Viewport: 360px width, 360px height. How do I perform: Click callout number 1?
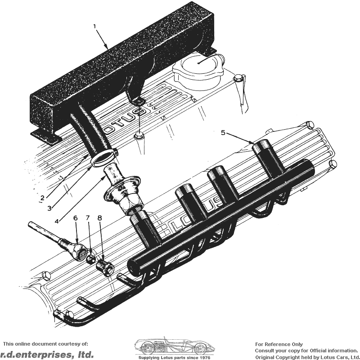coord(95,27)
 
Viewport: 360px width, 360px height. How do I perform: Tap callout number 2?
coord(42,198)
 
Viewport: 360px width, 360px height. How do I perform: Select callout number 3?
coord(49,208)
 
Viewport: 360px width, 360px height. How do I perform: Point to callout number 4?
coord(57,221)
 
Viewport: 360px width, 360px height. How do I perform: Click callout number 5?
coord(223,132)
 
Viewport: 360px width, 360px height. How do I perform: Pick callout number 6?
coord(75,218)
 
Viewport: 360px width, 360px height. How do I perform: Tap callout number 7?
coord(88,218)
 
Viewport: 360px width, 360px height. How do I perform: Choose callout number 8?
coord(99,218)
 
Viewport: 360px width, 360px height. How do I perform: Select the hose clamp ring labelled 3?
coord(104,158)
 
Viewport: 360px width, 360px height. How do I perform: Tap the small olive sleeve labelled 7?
coord(91,259)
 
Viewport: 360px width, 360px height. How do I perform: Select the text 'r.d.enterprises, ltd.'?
coord(47,354)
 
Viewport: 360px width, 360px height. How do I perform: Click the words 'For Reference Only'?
coord(279,344)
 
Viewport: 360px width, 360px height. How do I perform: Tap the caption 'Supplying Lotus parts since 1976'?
coord(174,357)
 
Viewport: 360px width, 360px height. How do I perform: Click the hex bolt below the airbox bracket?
coord(139,135)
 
